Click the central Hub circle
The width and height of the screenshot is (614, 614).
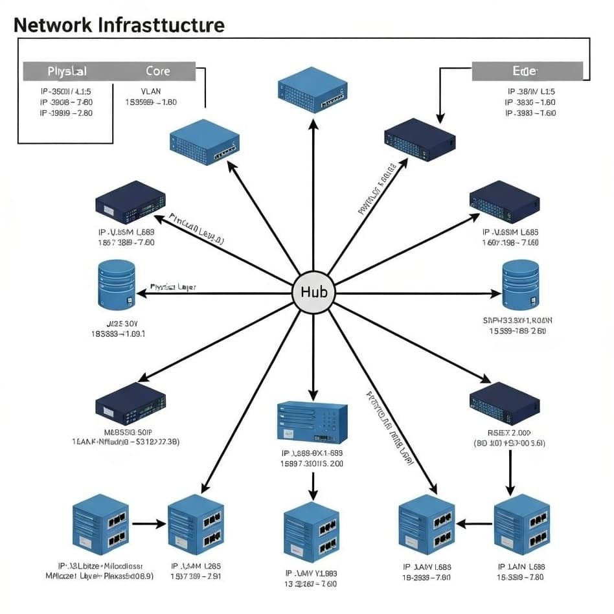pyautogui.click(x=313, y=293)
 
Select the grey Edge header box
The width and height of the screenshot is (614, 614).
pyautogui.click(x=527, y=71)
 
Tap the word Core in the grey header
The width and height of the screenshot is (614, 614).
pyautogui.click(x=158, y=71)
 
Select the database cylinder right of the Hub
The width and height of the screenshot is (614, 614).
pyautogui.click(x=520, y=284)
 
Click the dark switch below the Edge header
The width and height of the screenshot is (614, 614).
pyautogui.click(x=419, y=139)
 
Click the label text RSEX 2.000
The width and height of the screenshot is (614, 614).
pyautogui.click(x=509, y=433)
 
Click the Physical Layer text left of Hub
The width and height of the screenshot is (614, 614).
pyautogui.click(x=173, y=286)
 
